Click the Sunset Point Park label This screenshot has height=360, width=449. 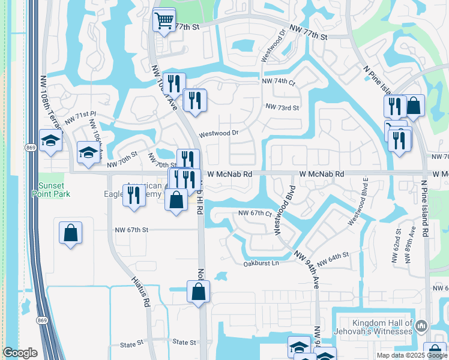(54, 190)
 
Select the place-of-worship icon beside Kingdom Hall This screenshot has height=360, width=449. (421, 326)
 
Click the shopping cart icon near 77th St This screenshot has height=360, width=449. (163, 21)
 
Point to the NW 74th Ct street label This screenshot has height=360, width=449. (279, 82)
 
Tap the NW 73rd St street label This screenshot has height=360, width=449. (282, 107)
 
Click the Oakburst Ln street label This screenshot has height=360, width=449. (261, 263)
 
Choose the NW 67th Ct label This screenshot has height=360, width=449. (255, 213)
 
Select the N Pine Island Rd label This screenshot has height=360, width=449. (424, 208)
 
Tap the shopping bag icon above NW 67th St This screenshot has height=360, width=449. (70, 232)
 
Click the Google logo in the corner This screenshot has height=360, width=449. (20, 353)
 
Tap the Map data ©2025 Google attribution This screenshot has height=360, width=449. (411, 355)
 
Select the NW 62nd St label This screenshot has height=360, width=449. (397, 239)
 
